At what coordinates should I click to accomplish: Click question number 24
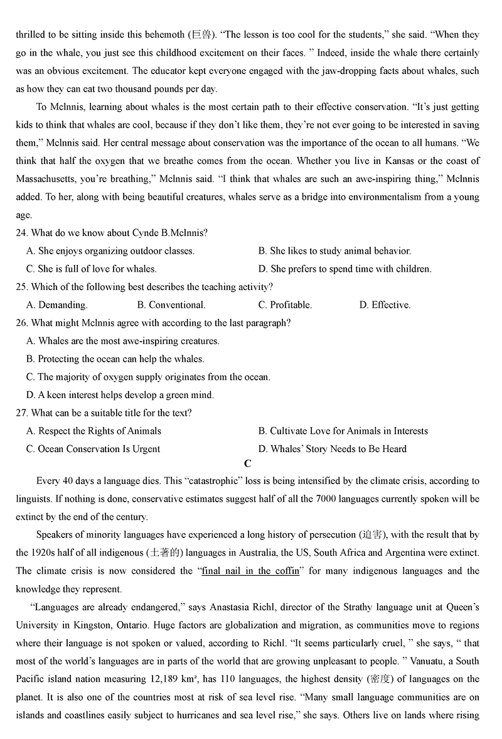22,233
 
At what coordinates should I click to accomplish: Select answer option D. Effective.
385,305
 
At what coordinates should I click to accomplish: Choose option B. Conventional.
171,305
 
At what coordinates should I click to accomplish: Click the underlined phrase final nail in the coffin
250,571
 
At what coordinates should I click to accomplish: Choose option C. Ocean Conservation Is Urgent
93,449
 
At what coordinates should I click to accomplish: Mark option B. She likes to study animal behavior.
334,251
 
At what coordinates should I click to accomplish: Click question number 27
22,413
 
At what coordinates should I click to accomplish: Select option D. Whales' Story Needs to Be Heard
332,449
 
